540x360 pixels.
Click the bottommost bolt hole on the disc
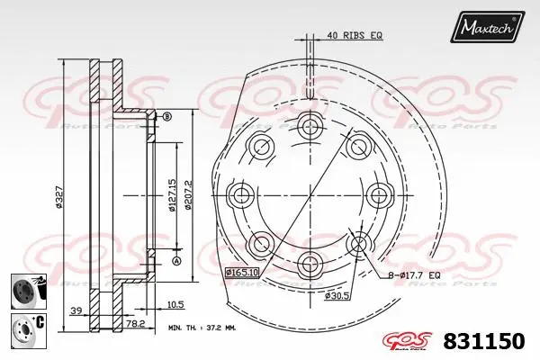coord(310,262)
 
